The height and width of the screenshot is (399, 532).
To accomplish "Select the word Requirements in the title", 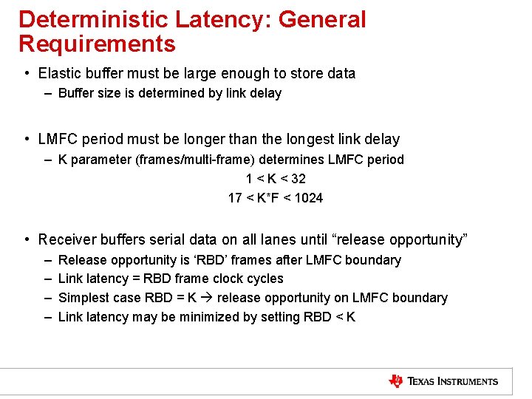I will [x=97, y=44].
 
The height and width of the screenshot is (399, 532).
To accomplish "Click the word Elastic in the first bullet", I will [x=58, y=73].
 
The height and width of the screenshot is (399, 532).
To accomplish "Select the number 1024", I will [x=308, y=198].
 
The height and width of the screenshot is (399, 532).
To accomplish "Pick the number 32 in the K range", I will [x=298, y=179].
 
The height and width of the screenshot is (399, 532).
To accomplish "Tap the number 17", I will [x=235, y=198].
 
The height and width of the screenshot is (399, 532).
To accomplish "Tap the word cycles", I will [x=264, y=279].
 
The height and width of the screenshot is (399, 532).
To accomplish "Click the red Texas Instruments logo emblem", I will [x=396, y=381].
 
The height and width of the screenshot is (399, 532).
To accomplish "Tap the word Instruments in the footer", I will [x=465, y=382].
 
